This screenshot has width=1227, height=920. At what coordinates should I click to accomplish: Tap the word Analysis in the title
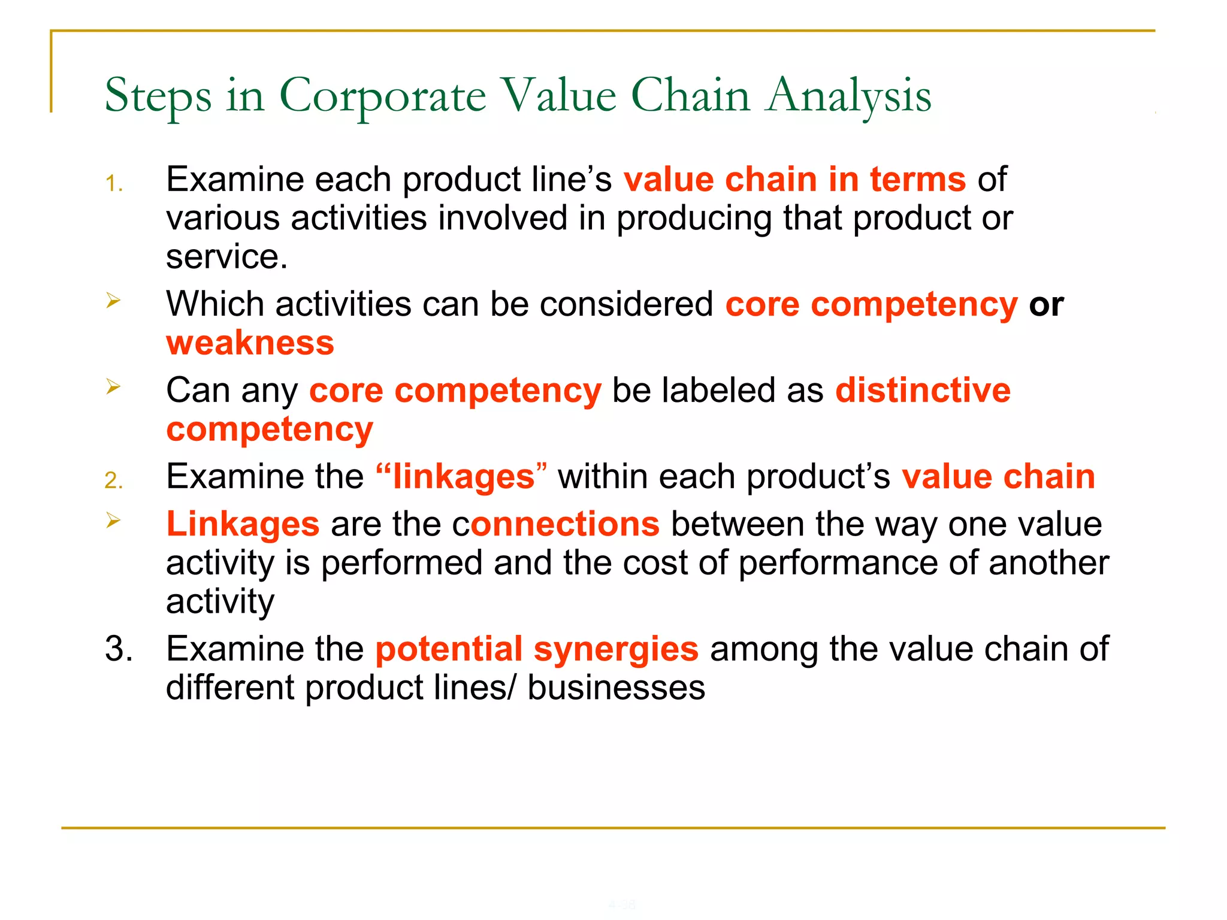[849, 96]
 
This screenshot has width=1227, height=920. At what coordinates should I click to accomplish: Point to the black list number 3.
[119, 649]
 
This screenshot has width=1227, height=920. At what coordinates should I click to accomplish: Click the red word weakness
[250, 343]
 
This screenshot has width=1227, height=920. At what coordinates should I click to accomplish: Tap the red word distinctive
[923, 391]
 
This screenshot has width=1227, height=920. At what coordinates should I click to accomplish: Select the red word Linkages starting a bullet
[243, 524]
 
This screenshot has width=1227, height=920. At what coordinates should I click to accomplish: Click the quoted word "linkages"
[461, 477]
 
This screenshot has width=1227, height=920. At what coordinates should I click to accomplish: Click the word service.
[226, 257]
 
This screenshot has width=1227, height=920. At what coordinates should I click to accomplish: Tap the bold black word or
[1046, 305]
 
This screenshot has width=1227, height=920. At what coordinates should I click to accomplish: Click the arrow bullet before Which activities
[113, 300]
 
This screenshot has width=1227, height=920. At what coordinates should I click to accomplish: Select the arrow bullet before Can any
[113, 386]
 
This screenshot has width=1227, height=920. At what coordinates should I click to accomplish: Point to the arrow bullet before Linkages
[113, 520]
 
